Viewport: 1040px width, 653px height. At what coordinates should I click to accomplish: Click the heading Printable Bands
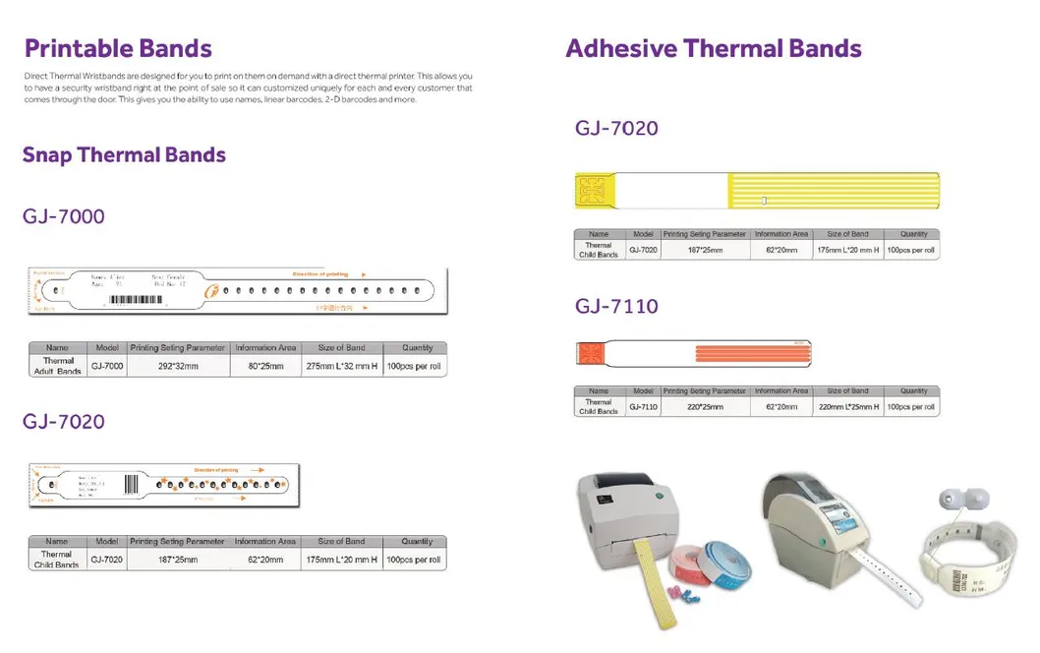point(118,48)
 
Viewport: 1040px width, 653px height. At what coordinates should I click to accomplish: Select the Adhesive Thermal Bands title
point(714,48)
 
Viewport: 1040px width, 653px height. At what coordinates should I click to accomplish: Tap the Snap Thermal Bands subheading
point(124,154)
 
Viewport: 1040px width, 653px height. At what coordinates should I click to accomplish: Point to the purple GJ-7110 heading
point(616,306)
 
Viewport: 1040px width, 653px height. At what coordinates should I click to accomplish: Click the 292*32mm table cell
point(178,366)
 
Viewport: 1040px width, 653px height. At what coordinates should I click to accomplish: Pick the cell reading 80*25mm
point(264,366)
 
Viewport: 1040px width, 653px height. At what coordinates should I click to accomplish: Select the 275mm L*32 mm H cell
point(341,366)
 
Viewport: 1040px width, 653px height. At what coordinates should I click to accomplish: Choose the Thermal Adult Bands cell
point(58,366)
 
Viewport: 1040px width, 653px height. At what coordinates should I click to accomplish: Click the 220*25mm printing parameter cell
point(704,406)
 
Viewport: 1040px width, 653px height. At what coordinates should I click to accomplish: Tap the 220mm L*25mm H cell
point(847,406)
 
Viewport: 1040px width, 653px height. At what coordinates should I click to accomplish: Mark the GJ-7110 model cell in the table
point(643,406)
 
